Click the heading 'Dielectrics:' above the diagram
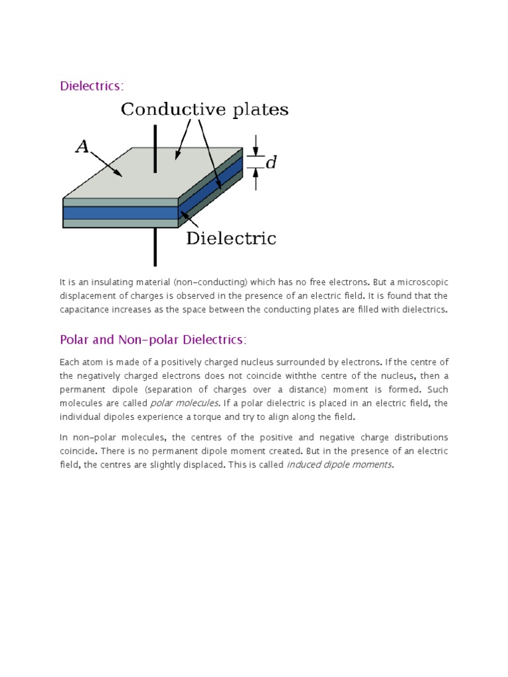pos(92,86)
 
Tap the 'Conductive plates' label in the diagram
pos(204,110)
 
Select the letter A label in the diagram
pos(82,147)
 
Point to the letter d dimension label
pos(271,162)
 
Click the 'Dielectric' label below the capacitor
pos(231,239)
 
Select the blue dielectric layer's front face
pos(120,213)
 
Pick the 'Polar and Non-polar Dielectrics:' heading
pos(153,340)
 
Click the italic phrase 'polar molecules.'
pos(175,403)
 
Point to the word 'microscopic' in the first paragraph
pos(421,283)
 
